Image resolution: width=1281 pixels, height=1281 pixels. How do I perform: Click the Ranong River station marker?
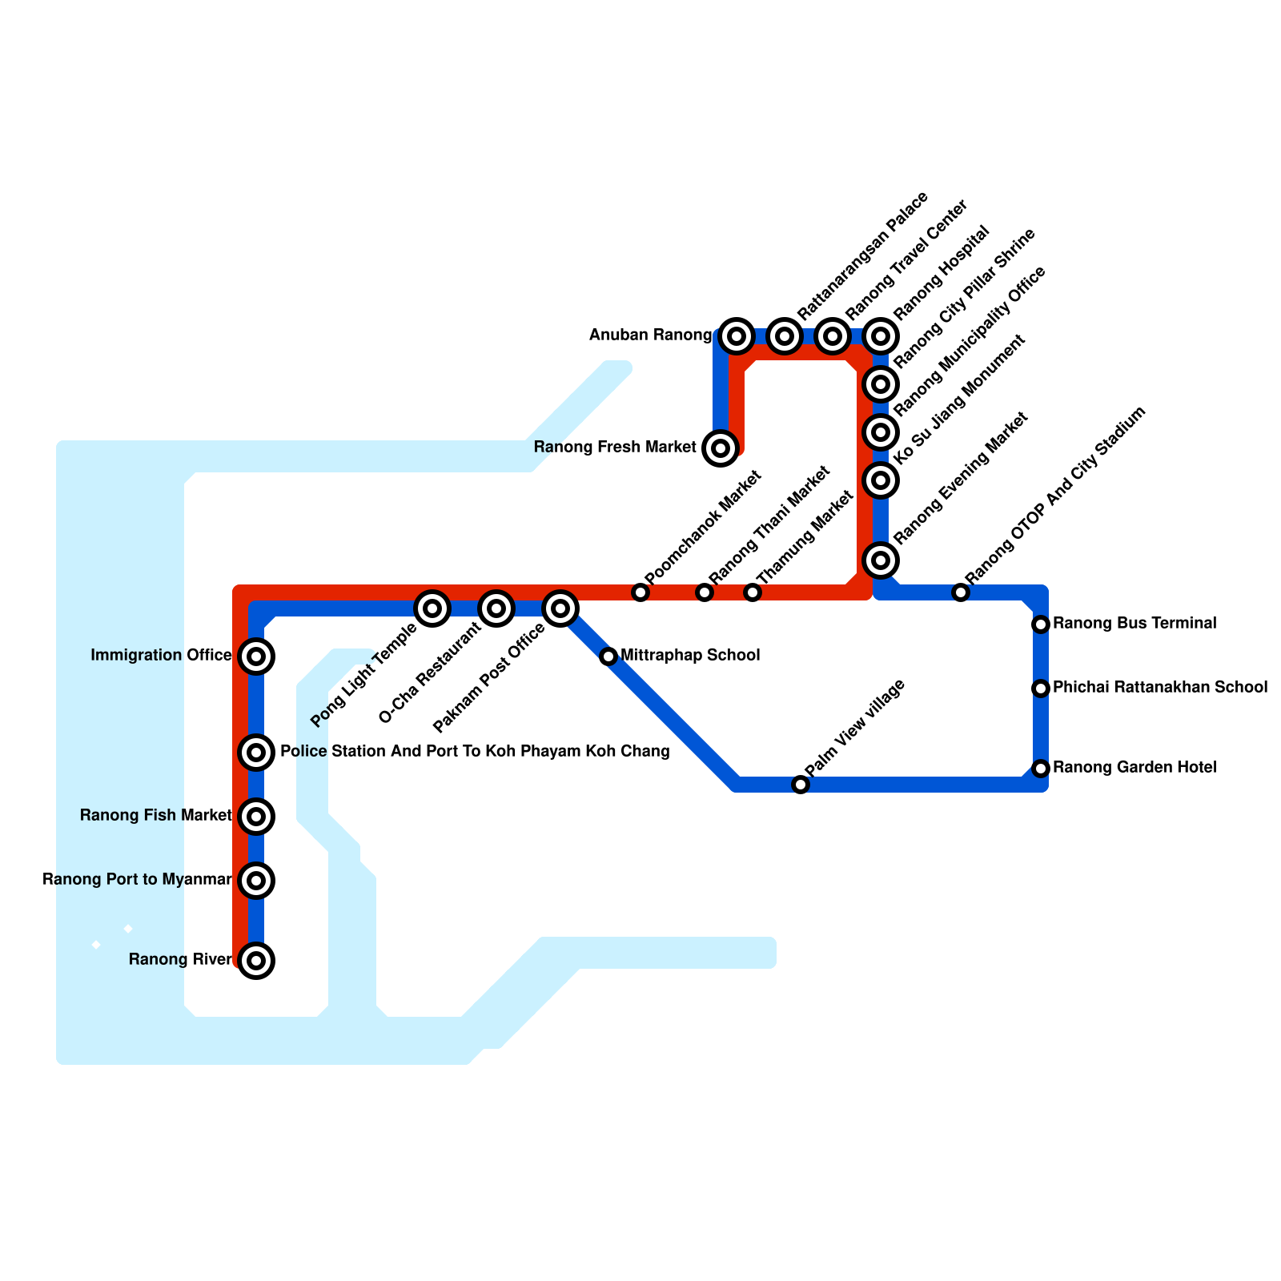256,961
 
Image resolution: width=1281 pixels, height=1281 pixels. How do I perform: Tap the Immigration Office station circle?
256,657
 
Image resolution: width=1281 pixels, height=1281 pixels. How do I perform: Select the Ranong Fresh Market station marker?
721,448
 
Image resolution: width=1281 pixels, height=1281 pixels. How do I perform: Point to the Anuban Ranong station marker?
737,336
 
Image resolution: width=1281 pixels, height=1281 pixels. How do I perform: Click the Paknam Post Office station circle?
560,608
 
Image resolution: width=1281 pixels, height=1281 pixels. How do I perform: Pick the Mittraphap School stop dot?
608,657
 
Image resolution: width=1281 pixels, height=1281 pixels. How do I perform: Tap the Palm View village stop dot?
801,785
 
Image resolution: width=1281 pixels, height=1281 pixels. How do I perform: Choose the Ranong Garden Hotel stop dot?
1041,769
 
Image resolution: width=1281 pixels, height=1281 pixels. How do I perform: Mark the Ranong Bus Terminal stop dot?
1041,624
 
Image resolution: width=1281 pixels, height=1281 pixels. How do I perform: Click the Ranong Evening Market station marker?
881,560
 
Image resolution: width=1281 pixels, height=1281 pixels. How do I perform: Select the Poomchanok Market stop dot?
640,592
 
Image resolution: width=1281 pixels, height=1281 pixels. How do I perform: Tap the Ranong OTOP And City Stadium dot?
961,592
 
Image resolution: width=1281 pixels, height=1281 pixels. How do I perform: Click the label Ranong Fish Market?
156,816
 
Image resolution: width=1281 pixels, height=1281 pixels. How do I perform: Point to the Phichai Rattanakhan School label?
1160,687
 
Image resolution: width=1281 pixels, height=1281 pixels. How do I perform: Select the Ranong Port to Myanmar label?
137,880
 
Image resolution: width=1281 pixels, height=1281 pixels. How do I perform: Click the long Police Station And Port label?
475,752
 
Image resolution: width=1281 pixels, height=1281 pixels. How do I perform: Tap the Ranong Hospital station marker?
881,336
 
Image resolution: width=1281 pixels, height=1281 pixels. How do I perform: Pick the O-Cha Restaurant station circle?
496,608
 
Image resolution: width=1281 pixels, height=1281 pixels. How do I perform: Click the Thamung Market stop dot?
753,592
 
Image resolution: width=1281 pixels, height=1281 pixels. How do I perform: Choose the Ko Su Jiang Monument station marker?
881,480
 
